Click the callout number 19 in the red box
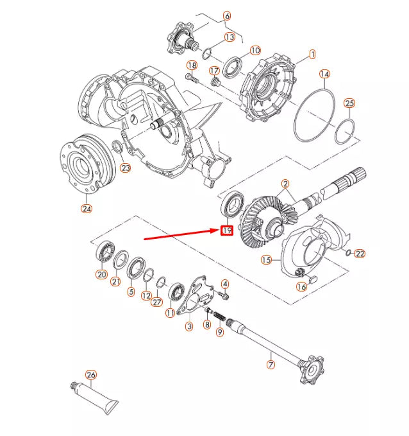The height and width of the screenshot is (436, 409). (x=226, y=231)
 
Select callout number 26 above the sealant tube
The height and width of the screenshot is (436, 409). (x=90, y=374)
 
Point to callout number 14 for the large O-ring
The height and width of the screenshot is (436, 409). (x=325, y=74)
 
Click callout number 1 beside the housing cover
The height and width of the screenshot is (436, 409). (x=312, y=55)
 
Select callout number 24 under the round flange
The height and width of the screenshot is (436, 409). (x=87, y=207)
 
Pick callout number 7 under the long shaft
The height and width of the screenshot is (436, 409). (x=271, y=364)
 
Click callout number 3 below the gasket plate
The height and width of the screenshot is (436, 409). (x=189, y=327)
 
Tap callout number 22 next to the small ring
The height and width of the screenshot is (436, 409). (x=360, y=254)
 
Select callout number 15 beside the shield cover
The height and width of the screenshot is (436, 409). (x=266, y=260)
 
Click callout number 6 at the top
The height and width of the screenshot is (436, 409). (x=226, y=15)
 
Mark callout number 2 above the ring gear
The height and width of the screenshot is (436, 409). (x=284, y=184)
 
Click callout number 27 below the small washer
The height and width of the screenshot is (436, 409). (x=157, y=302)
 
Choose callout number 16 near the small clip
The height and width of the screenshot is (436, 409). (x=301, y=286)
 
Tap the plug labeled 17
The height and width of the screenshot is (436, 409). (x=215, y=82)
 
